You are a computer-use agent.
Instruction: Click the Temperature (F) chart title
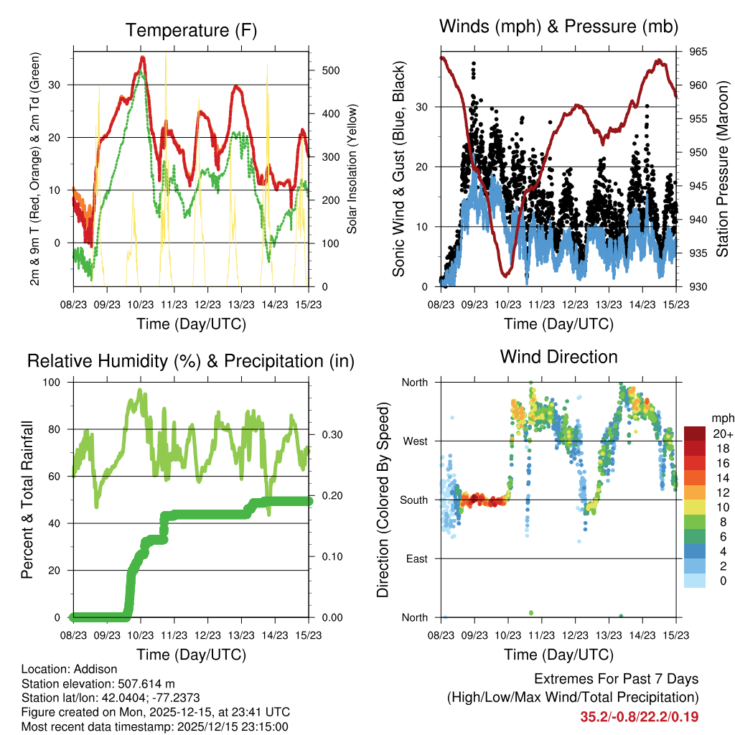(191, 31)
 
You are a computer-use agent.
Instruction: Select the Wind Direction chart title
(558, 357)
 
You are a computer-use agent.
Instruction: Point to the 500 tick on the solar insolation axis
(330, 70)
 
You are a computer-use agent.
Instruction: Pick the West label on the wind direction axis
(416, 441)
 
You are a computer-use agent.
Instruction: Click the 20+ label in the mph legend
(722, 434)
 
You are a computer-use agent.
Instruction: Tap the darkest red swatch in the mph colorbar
(694, 434)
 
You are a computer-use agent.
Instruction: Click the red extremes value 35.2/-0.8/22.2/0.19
(639, 716)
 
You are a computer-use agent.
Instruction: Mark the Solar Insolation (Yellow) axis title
(352, 169)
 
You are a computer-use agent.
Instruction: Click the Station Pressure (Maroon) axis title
(722, 169)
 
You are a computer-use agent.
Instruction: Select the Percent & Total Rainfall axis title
(27, 500)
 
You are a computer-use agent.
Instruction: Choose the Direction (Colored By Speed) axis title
(383, 500)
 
